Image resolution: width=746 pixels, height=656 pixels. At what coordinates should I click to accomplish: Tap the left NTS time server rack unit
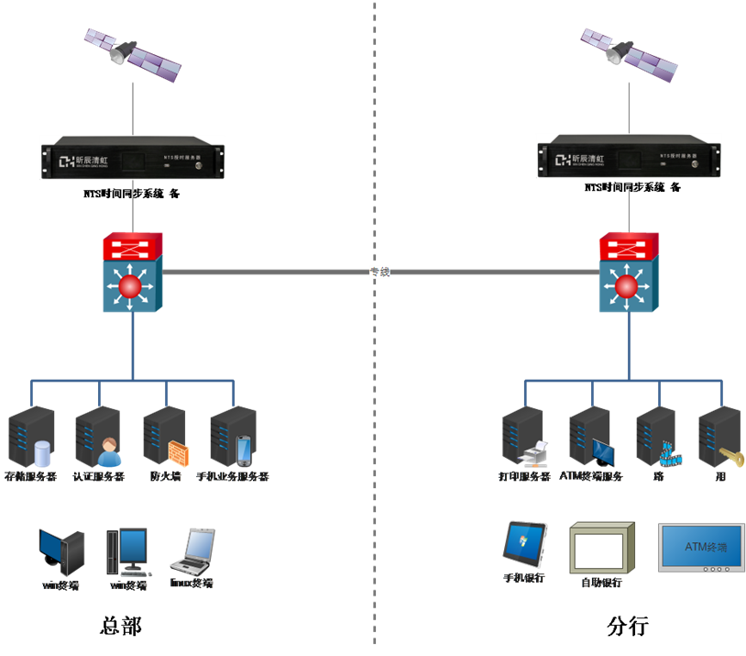coord(133,158)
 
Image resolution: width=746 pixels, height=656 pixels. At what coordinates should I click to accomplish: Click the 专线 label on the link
coord(378,272)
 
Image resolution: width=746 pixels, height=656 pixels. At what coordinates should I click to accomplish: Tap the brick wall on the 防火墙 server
coord(178,452)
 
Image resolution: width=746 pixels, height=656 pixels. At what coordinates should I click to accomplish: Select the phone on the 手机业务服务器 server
coord(244,450)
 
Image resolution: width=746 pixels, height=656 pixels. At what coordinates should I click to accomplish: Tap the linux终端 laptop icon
coord(193,550)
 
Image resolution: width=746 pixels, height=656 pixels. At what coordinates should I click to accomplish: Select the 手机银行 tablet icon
coord(525,543)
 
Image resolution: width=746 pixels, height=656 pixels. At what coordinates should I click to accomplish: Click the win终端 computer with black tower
coord(62,550)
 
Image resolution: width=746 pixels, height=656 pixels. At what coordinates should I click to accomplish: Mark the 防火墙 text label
coord(165,477)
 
